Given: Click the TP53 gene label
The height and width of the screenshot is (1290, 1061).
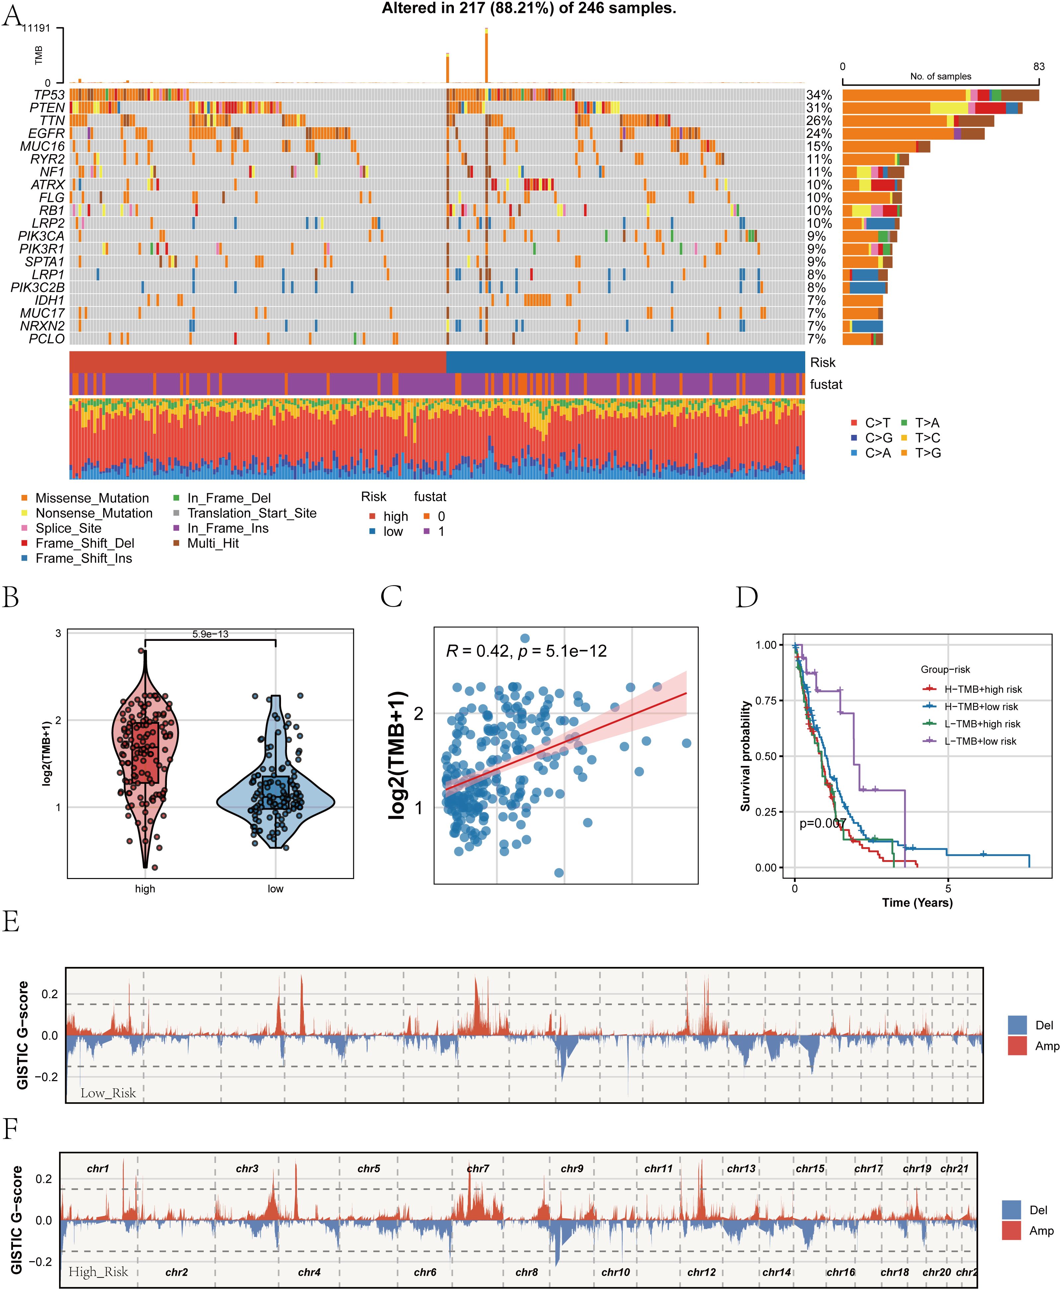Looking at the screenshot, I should (49, 95).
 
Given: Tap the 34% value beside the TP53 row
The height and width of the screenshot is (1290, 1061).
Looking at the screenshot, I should (819, 95).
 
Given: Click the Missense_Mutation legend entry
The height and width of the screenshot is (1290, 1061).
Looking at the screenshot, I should (92, 498).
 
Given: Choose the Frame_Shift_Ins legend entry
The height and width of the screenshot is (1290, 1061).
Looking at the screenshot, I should (83, 558).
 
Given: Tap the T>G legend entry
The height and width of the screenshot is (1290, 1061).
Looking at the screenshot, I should (927, 453).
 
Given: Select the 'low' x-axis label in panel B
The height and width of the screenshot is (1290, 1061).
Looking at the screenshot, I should (276, 889).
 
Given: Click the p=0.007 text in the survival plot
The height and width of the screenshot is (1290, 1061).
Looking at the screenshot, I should (823, 823).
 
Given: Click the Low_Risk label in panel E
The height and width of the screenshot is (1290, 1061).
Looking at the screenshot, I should (108, 1093).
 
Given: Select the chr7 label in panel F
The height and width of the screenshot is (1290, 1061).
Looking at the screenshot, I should (478, 1168).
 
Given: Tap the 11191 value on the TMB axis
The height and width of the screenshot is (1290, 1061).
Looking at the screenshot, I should (36, 28).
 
